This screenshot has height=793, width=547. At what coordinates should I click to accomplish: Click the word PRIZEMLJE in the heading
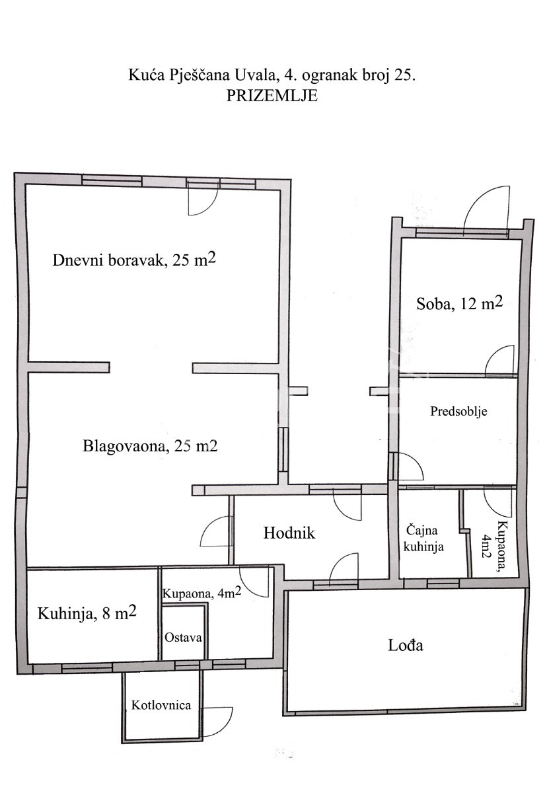coord(272,95)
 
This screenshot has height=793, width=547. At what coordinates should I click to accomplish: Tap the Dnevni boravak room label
coord(134,260)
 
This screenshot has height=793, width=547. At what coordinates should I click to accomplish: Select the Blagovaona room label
coord(150,446)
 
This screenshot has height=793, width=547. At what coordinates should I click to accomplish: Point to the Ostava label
coord(183,638)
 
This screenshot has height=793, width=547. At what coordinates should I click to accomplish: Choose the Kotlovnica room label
coord(161,705)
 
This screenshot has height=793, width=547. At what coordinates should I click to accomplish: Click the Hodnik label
coord(289,533)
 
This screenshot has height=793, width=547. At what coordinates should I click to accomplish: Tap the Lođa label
coord(405,644)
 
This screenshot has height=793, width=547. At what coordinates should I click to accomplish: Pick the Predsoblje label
coord(458,411)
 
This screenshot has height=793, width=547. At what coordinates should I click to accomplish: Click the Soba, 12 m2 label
coord(459,304)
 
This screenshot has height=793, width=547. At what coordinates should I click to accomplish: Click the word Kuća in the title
coord(142,75)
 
